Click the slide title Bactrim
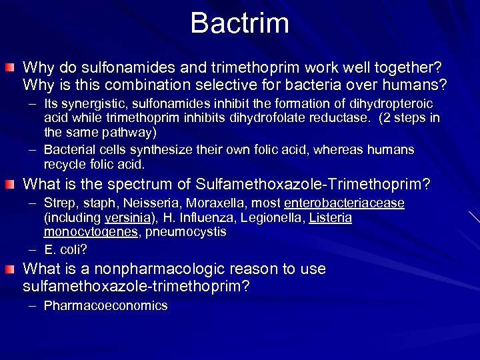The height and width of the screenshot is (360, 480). (240, 23)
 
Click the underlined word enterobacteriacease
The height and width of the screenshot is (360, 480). (344, 203)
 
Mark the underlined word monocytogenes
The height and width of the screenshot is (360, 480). (89, 231)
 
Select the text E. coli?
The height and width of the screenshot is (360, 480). (65, 250)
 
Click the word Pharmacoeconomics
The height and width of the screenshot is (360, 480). (105, 305)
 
